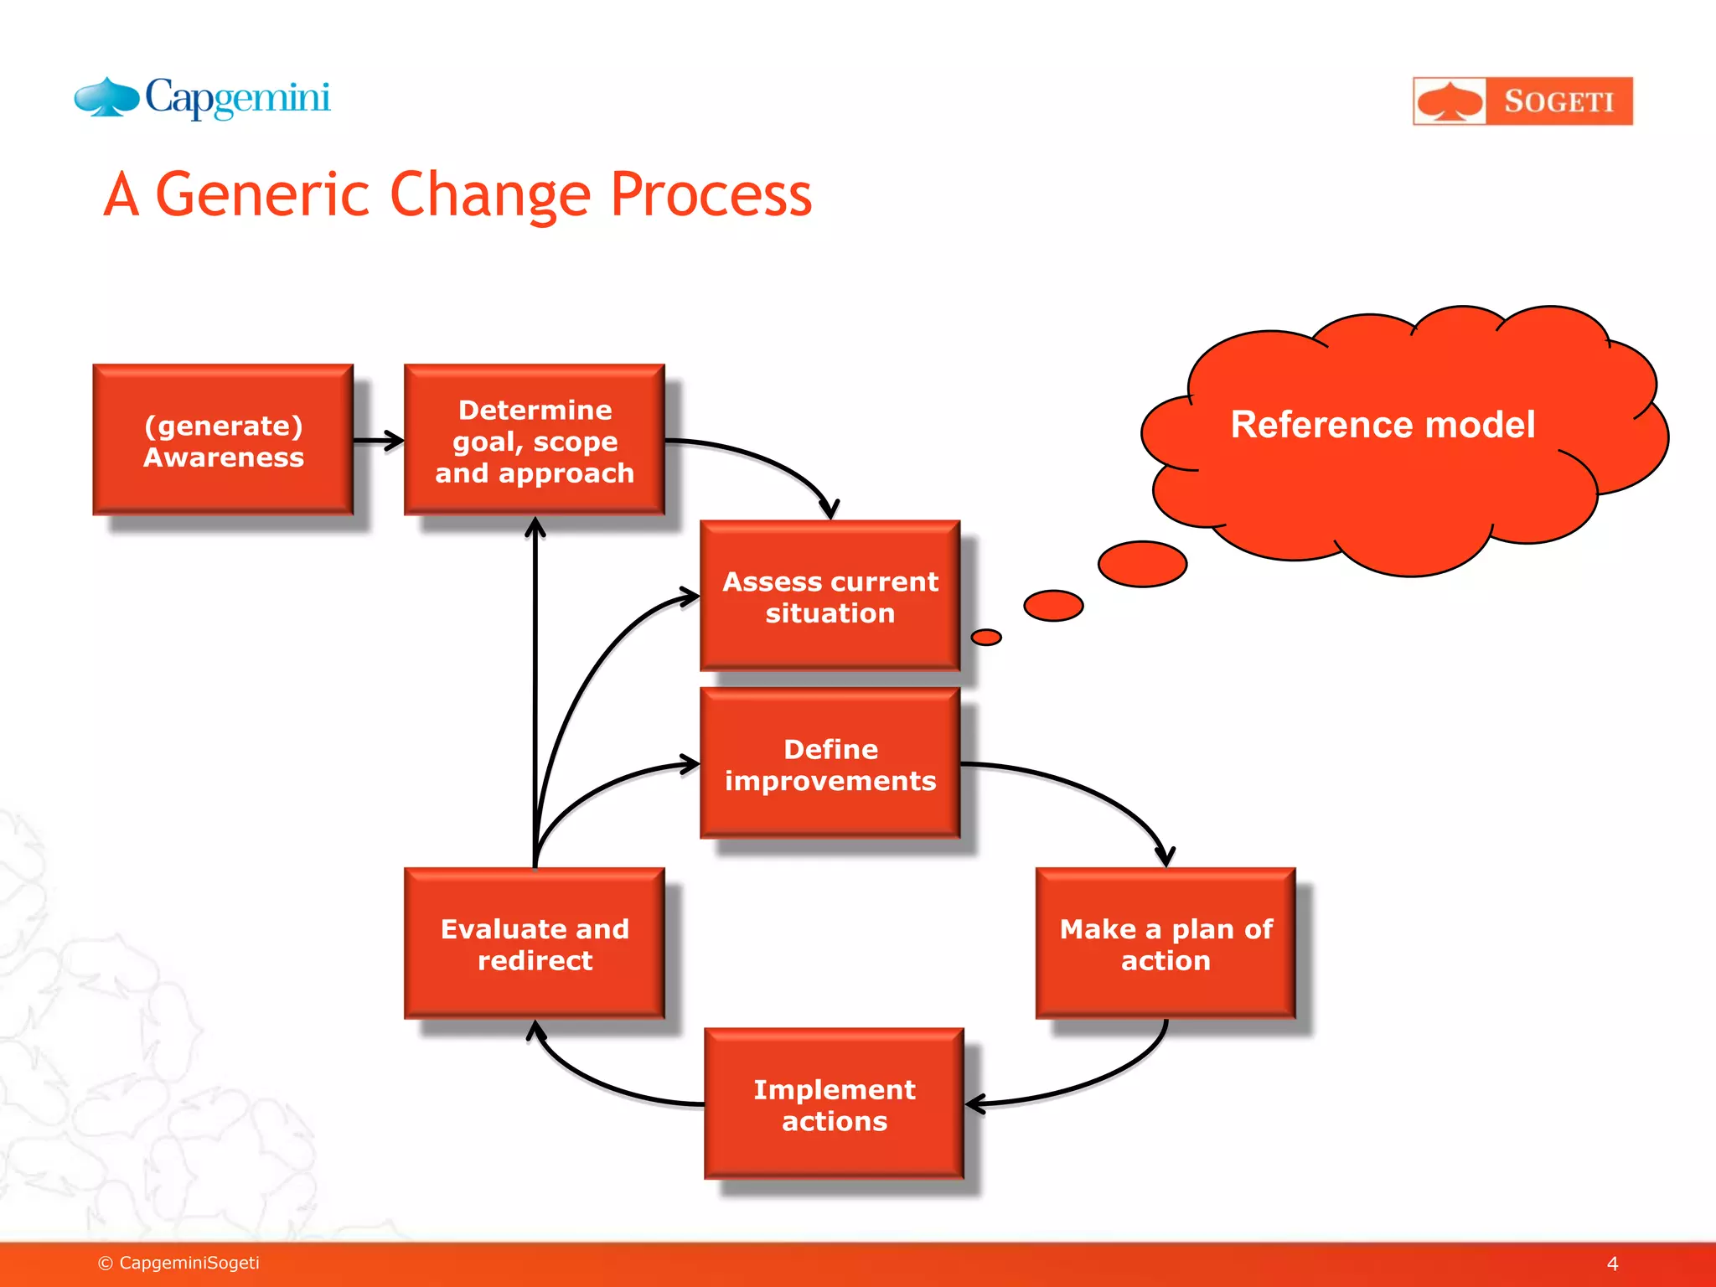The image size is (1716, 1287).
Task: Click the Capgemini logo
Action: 203,99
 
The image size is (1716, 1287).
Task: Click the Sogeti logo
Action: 1522,101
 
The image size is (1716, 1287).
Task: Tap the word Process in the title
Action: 711,195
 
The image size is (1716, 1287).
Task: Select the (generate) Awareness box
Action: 223,440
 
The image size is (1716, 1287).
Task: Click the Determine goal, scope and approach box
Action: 535,440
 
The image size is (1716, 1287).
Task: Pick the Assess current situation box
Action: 830,597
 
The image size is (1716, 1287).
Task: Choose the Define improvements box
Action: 830,764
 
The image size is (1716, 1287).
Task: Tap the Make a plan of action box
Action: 1166,944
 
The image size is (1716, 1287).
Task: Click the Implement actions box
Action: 834,1104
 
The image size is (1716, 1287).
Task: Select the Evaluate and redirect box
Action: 535,944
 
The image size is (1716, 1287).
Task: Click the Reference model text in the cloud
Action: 1383,425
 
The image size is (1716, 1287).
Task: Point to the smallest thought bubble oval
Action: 986,638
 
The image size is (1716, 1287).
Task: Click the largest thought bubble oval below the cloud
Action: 1142,564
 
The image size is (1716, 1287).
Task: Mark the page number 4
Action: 1612,1264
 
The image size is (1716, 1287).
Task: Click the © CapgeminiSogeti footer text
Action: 179,1263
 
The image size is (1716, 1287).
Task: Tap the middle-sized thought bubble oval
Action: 1053,606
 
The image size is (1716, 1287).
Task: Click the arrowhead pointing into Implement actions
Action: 974,1104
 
